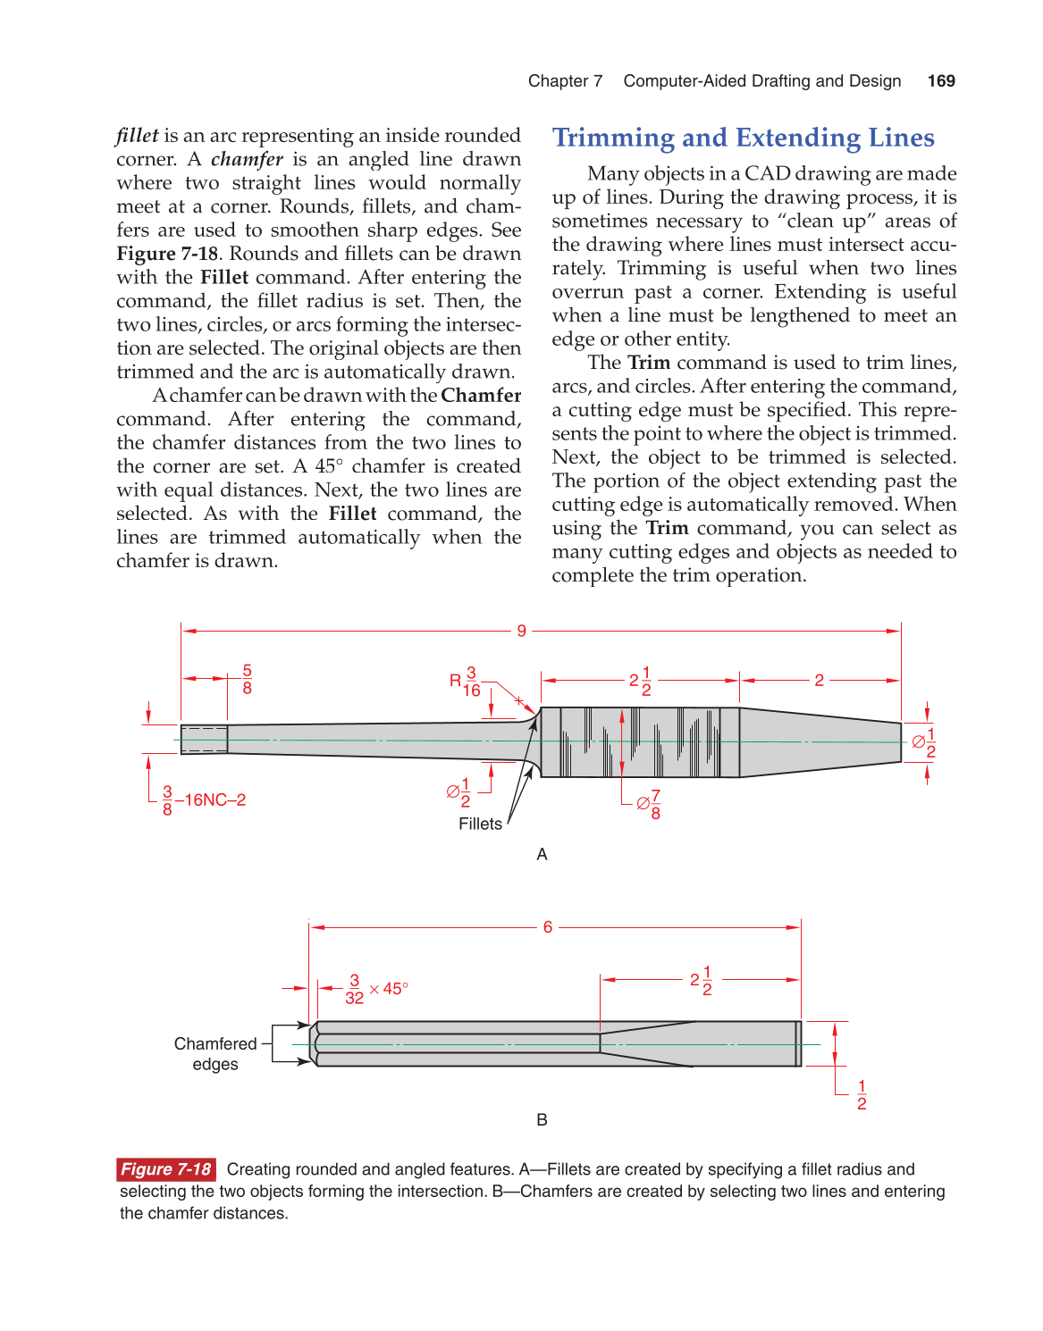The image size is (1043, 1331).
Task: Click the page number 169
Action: pyautogui.click(x=941, y=81)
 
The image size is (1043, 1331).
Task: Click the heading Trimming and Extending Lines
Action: pyautogui.click(x=743, y=138)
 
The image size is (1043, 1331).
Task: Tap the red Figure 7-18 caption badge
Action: pyautogui.click(x=166, y=1169)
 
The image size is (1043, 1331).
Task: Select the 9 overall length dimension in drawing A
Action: pyautogui.click(x=521, y=631)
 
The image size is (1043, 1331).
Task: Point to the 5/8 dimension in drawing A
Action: pyautogui.click(x=247, y=680)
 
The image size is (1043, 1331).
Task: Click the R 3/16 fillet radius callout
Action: pyautogui.click(x=466, y=682)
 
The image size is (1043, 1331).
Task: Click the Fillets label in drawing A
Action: pyautogui.click(x=480, y=824)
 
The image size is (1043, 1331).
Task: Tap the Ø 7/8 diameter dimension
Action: pyautogui.click(x=649, y=804)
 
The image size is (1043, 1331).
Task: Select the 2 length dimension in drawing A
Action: pyautogui.click(x=819, y=681)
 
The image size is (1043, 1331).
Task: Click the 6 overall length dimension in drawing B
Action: pyautogui.click(x=548, y=927)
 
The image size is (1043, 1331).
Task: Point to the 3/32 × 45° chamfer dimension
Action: pyautogui.click(x=376, y=990)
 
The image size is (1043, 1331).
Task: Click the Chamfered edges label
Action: pyautogui.click(x=215, y=1054)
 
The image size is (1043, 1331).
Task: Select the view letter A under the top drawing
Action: pyautogui.click(x=542, y=855)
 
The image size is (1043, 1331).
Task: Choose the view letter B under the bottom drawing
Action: pyautogui.click(x=542, y=1120)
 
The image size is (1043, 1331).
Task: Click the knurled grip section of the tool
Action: pyautogui.click(x=640, y=742)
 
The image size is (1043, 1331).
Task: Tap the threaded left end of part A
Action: pyautogui.click(x=204, y=740)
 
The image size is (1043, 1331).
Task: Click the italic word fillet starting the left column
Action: pyautogui.click(x=137, y=136)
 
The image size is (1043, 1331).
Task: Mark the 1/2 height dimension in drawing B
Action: pyautogui.click(x=862, y=1095)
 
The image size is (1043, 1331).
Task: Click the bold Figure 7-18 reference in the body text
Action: pyautogui.click(x=167, y=254)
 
